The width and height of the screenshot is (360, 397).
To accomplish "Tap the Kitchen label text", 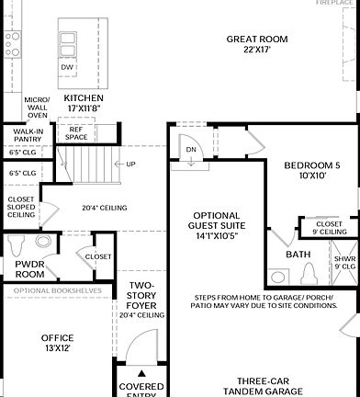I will pos(83,102).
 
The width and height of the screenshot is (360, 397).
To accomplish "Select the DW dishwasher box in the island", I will pos(67,67).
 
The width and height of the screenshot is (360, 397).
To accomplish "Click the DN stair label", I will pos(190,149).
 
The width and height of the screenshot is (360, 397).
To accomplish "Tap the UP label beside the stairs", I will pos(131,164).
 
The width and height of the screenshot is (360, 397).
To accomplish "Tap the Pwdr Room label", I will pos(29,268).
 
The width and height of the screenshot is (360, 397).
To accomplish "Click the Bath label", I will pos(298,255).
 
